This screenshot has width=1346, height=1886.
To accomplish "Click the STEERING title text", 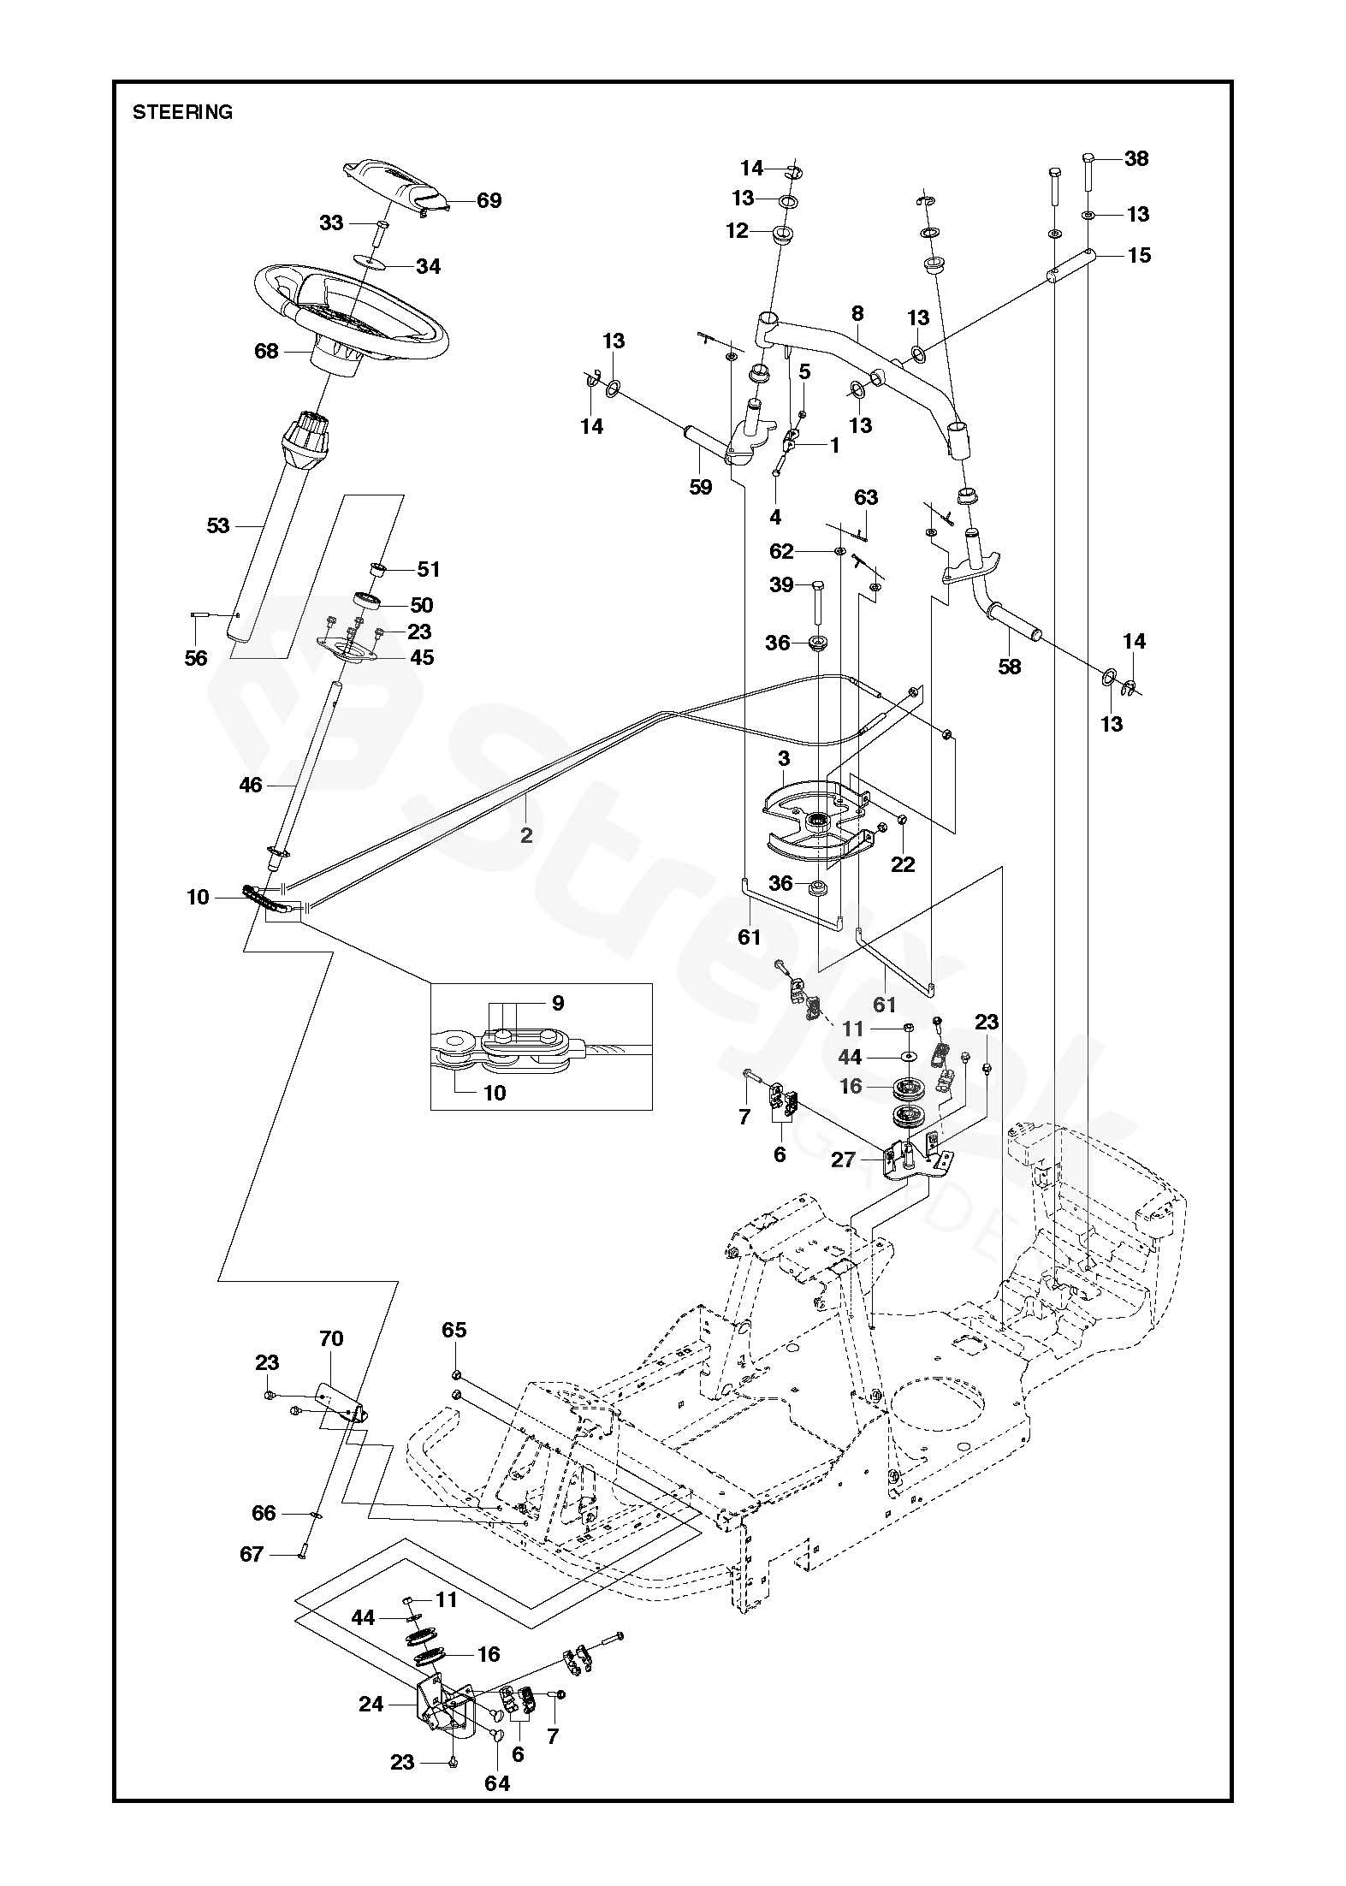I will (182, 112).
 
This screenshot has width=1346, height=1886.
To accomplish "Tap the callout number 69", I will (489, 201).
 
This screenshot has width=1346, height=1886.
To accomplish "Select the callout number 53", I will (218, 525).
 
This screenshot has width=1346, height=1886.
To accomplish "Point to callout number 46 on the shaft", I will (251, 783).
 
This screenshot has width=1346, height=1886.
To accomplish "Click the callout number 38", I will (1136, 158).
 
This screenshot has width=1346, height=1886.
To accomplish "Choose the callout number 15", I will (1139, 255).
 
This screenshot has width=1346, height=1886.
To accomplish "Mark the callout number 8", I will (857, 314).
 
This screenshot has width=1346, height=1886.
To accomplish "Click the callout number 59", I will (700, 487).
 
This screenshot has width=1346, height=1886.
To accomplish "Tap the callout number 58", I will (1010, 666).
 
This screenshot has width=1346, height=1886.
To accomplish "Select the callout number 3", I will (784, 758).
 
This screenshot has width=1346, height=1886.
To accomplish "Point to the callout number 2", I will (526, 834).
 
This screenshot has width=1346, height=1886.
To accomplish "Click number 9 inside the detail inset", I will (558, 1003).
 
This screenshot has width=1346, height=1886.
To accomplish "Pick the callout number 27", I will (843, 1160).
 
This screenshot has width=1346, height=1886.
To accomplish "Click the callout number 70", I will (331, 1338).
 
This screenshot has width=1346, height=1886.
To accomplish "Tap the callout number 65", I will (454, 1330).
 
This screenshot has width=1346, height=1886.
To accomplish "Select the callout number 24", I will (371, 1705).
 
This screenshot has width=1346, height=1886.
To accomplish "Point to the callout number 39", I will (781, 585).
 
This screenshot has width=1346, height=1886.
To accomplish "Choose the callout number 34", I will (428, 266).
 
